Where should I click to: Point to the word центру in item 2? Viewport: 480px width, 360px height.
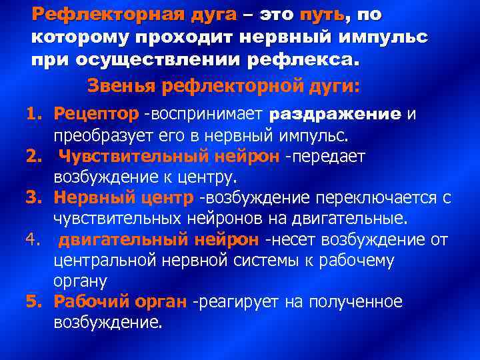coord(215,178)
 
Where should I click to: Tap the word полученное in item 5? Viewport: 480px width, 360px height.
coord(357,302)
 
